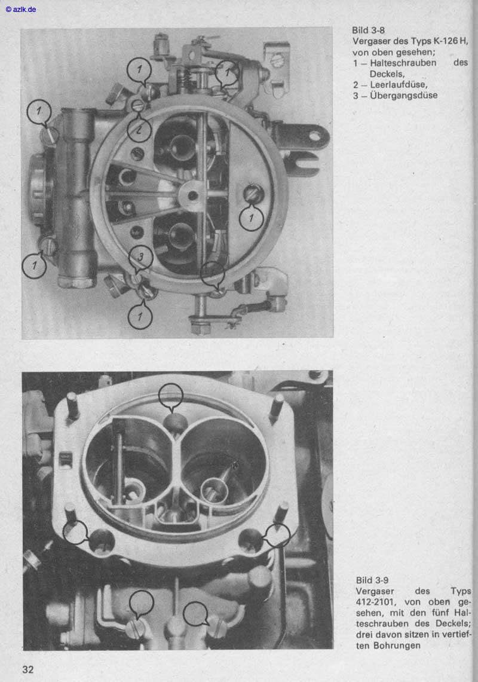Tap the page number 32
28,669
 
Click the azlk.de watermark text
21,9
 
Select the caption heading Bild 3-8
369,30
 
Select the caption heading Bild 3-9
372,580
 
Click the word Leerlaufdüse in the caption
399,84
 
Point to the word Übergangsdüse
404,95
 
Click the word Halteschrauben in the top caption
403,63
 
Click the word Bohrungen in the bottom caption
399,646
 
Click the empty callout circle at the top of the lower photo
170,395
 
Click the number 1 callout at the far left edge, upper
39,112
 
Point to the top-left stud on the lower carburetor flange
72,405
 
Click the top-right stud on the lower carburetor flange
277,406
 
